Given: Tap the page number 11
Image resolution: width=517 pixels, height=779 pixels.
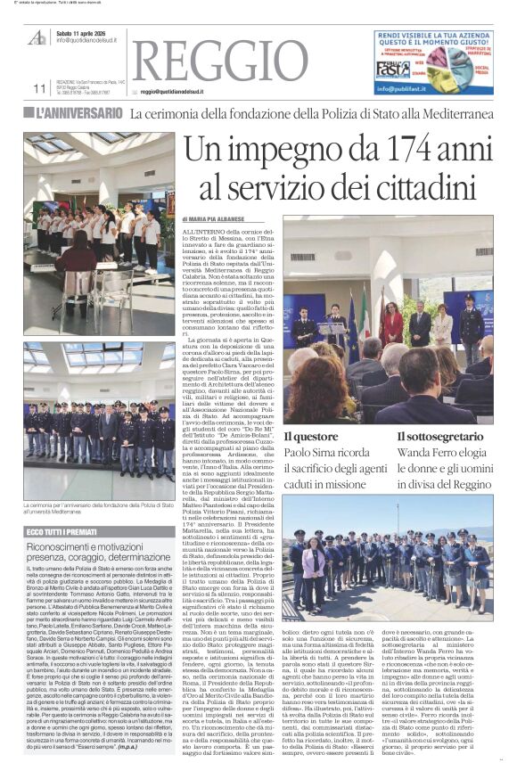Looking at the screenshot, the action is pos(39,88).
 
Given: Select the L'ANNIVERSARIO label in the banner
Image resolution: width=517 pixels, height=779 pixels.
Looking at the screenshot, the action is pos(79,113).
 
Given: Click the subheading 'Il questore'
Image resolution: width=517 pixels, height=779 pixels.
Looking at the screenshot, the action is pos(311,436).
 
